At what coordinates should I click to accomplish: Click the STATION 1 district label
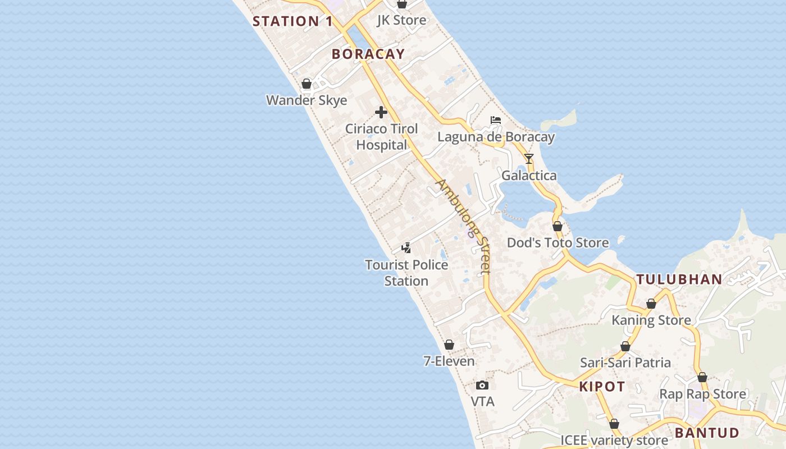click(x=293, y=22)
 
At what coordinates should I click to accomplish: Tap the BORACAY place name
click(x=368, y=54)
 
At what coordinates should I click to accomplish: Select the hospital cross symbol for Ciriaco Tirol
click(x=381, y=112)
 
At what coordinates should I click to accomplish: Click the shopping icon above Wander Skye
click(x=307, y=84)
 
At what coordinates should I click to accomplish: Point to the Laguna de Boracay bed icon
click(x=495, y=120)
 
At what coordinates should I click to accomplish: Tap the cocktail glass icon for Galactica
click(x=529, y=159)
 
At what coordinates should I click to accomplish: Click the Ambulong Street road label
click(x=464, y=226)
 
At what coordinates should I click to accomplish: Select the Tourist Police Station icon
click(x=406, y=248)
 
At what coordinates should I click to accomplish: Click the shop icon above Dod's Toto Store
click(x=557, y=226)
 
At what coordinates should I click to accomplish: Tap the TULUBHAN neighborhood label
click(x=679, y=280)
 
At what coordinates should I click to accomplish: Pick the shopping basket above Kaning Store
click(x=651, y=304)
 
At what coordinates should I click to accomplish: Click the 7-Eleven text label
click(x=449, y=361)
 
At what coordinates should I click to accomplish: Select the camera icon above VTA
click(x=482, y=385)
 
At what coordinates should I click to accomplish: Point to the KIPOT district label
click(x=602, y=387)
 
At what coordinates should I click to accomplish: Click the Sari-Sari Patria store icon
click(x=625, y=346)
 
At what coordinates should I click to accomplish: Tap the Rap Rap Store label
click(x=702, y=394)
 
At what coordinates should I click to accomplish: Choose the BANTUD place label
click(x=707, y=433)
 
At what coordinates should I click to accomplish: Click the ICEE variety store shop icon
click(x=614, y=424)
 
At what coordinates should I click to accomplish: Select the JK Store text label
click(x=401, y=20)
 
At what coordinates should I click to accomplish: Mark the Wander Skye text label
click(x=307, y=100)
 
